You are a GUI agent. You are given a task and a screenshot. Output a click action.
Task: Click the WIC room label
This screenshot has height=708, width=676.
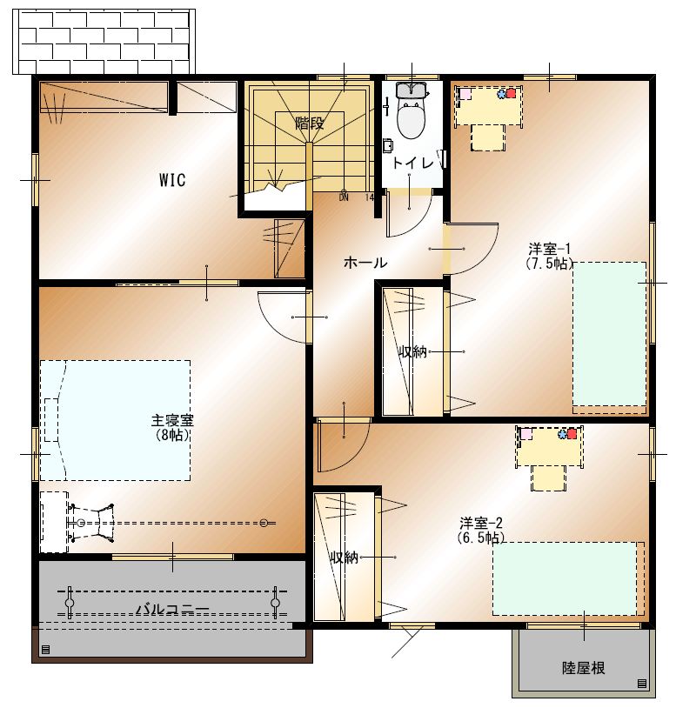pyautogui.click(x=172, y=180)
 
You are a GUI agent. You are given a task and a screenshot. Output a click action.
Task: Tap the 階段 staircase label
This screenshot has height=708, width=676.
pyautogui.click(x=310, y=123)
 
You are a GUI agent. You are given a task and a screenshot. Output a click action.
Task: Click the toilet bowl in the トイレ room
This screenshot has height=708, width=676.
pyautogui.click(x=411, y=119)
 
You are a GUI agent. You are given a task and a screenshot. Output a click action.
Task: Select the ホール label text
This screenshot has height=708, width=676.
pyautogui.click(x=365, y=263)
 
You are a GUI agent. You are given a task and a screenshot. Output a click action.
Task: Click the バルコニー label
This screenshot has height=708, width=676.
pyautogui.click(x=173, y=610)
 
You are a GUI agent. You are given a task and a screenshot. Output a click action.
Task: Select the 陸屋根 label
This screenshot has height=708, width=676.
pyautogui.click(x=584, y=667)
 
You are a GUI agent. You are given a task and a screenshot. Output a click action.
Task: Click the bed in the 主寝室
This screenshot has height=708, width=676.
pyautogui.click(x=115, y=420)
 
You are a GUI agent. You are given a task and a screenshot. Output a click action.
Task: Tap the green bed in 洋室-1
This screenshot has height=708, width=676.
pyautogui.click(x=610, y=334)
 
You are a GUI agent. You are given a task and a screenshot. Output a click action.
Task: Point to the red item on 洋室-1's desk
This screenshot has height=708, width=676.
pyautogui.click(x=511, y=93)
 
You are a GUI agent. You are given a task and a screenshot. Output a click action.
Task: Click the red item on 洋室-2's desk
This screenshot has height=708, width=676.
pyautogui.click(x=572, y=434)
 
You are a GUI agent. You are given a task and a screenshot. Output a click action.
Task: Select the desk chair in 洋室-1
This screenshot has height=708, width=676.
pyautogui.click(x=488, y=137)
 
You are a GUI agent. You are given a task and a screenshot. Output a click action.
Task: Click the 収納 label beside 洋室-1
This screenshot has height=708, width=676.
pyautogui.click(x=412, y=351)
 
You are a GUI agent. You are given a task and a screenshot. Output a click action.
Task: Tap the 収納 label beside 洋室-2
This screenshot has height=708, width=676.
pyautogui.click(x=345, y=558)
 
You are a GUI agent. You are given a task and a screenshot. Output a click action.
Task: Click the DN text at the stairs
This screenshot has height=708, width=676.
pyautogui.click(x=345, y=197)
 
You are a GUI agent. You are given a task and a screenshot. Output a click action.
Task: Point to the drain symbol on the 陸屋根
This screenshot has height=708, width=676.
pyautogui.click(x=642, y=684)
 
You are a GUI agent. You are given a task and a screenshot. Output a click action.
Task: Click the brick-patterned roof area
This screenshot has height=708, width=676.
pyautogui.click(x=104, y=42)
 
